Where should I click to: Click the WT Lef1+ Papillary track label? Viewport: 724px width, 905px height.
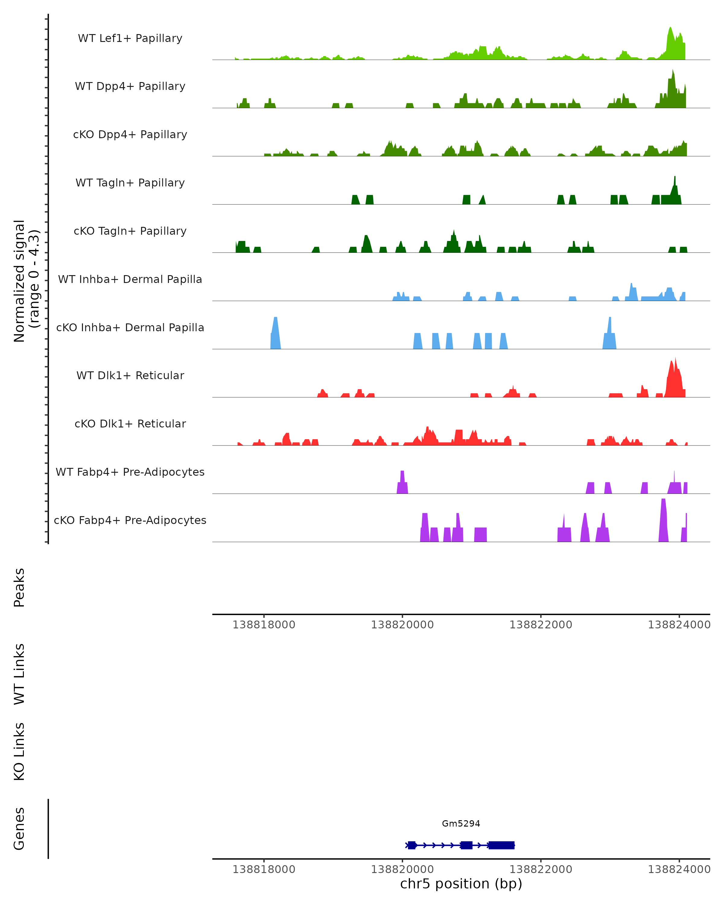click(x=130, y=38)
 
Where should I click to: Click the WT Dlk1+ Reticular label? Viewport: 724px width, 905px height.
click(x=130, y=375)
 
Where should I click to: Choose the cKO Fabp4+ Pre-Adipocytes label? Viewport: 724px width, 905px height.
click(x=130, y=520)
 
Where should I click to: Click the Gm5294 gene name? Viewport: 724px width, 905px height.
click(x=461, y=824)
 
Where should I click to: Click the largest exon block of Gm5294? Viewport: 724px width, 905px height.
click(x=502, y=845)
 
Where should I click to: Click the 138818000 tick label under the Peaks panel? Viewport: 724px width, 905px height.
click(x=264, y=625)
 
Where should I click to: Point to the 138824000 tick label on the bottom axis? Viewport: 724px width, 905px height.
click(x=679, y=869)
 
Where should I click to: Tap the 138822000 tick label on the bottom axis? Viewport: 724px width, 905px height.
click(x=541, y=869)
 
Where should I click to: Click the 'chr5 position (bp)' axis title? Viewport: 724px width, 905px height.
click(x=461, y=884)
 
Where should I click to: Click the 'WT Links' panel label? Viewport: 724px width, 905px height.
click(x=19, y=674)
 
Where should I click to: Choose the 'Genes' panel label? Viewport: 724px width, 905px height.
click(x=19, y=829)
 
